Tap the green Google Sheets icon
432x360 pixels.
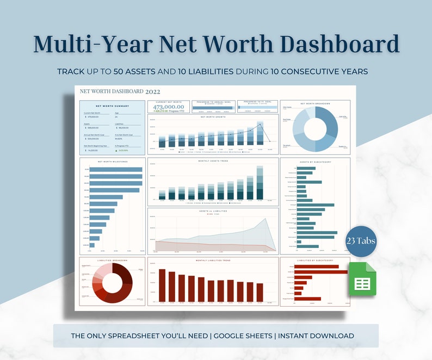(362, 280)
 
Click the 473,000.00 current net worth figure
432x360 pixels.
(169, 108)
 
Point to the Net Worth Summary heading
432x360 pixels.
(112, 106)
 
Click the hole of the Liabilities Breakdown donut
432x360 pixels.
(113, 281)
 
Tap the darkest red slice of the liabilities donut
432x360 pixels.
(126, 274)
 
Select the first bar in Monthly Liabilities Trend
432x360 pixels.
(162, 285)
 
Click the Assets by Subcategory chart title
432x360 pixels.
(315, 162)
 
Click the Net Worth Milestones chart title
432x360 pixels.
(112, 162)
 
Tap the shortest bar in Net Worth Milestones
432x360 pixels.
(92, 245)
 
